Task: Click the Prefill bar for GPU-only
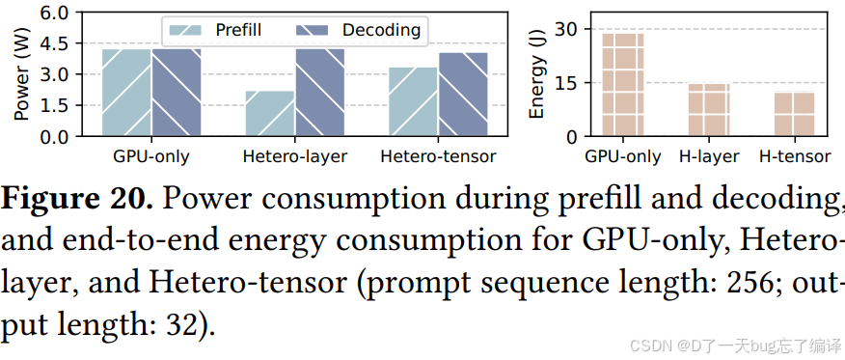[126, 92]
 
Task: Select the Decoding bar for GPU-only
[177, 92]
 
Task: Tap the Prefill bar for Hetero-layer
[270, 113]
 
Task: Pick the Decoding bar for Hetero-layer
[319, 92]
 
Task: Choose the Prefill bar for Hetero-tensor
[414, 101]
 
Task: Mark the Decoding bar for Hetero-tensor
[463, 95]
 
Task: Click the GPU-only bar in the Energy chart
[623, 85]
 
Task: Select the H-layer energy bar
[709, 110]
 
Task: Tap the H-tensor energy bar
[794, 114]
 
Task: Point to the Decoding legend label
[381, 30]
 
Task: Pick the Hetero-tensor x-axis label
[438, 156]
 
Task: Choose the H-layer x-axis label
[709, 156]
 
